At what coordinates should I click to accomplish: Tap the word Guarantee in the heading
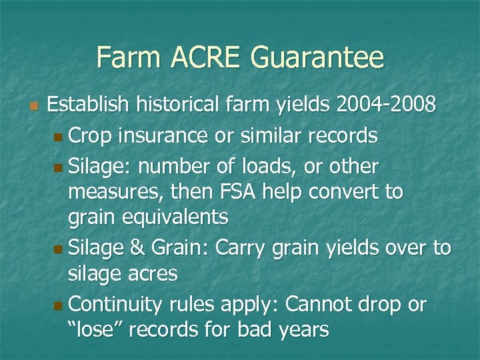tap(317, 58)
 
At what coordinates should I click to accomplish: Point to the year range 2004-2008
tap(387, 105)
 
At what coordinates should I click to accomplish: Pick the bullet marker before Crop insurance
tap(59, 137)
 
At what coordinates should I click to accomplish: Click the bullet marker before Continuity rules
tap(59, 305)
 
